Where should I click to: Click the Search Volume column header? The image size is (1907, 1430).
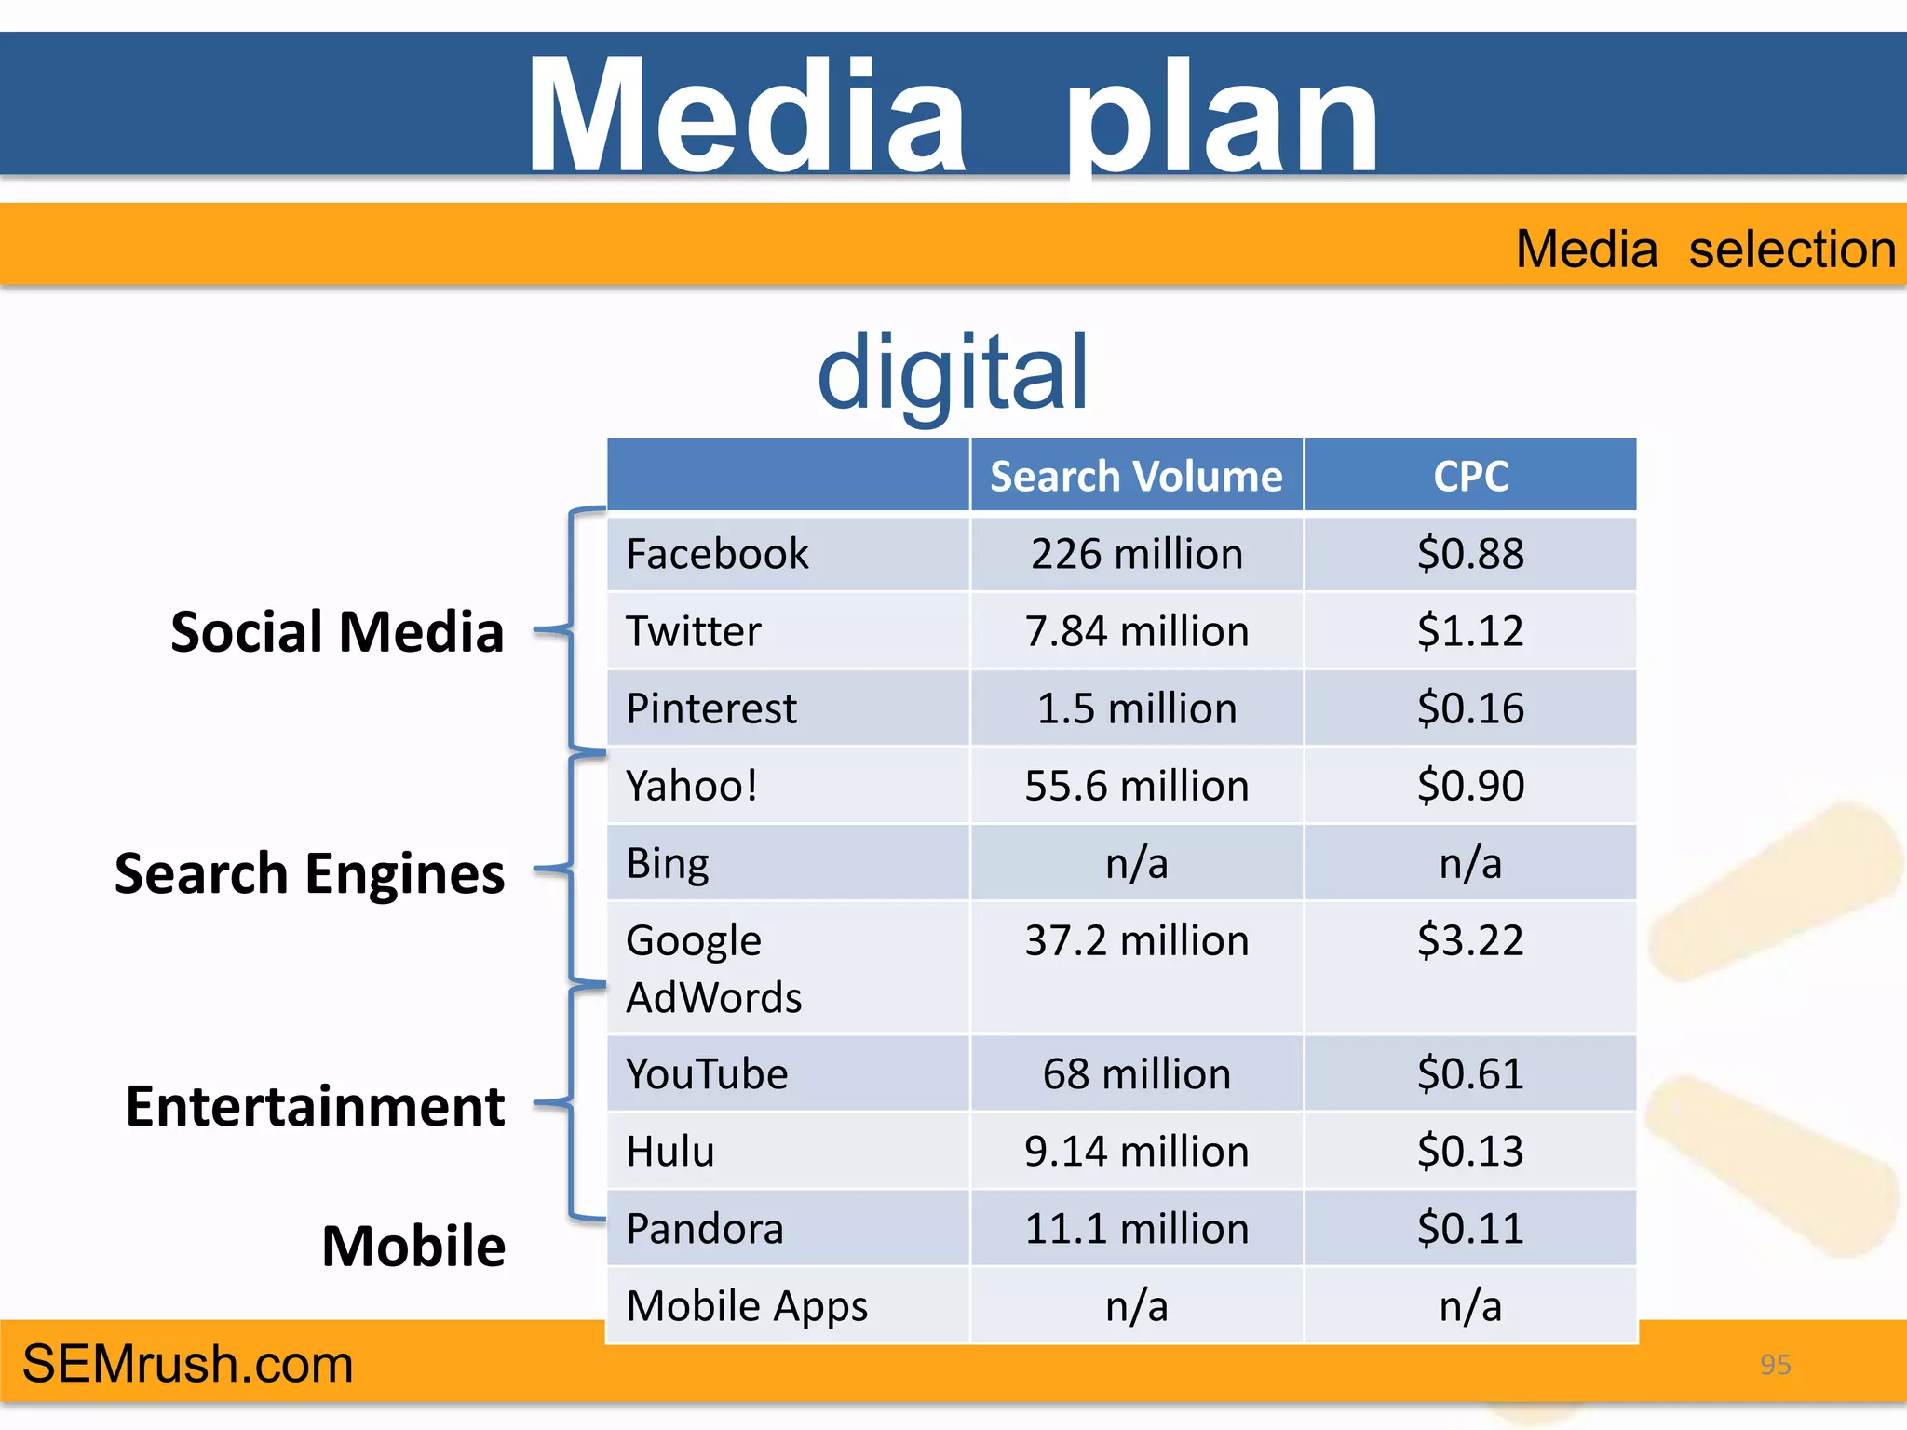[x=1136, y=477]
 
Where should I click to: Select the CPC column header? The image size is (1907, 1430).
[x=1470, y=477]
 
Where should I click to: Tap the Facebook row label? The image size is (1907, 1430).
[x=717, y=554]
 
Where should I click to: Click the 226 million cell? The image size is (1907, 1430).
[x=1136, y=554]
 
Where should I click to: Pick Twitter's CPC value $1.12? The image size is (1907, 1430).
[x=1470, y=631]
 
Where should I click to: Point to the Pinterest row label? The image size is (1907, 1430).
[x=711, y=708]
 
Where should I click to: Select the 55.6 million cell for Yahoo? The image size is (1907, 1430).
[x=1136, y=786]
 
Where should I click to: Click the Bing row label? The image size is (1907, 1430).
[x=668, y=863]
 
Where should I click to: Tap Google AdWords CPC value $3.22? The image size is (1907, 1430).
[x=1470, y=940]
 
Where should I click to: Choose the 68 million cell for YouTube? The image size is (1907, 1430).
[x=1136, y=1074]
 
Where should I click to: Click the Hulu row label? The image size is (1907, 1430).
[x=670, y=1152]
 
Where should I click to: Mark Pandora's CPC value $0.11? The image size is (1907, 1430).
[x=1470, y=1229]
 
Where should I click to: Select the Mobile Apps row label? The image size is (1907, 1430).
[x=747, y=1306]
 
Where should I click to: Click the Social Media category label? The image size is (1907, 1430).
[x=337, y=632]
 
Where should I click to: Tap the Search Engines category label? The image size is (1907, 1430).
[x=309, y=873]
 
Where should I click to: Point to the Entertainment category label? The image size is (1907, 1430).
[x=316, y=1106]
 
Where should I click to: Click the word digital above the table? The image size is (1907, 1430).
[x=953, y=372]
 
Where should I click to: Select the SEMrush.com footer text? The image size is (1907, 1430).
[x=188, y=1364]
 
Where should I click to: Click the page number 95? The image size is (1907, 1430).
[x=1775, y=1365]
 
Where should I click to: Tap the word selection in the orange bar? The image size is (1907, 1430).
[x=1792, y=250]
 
